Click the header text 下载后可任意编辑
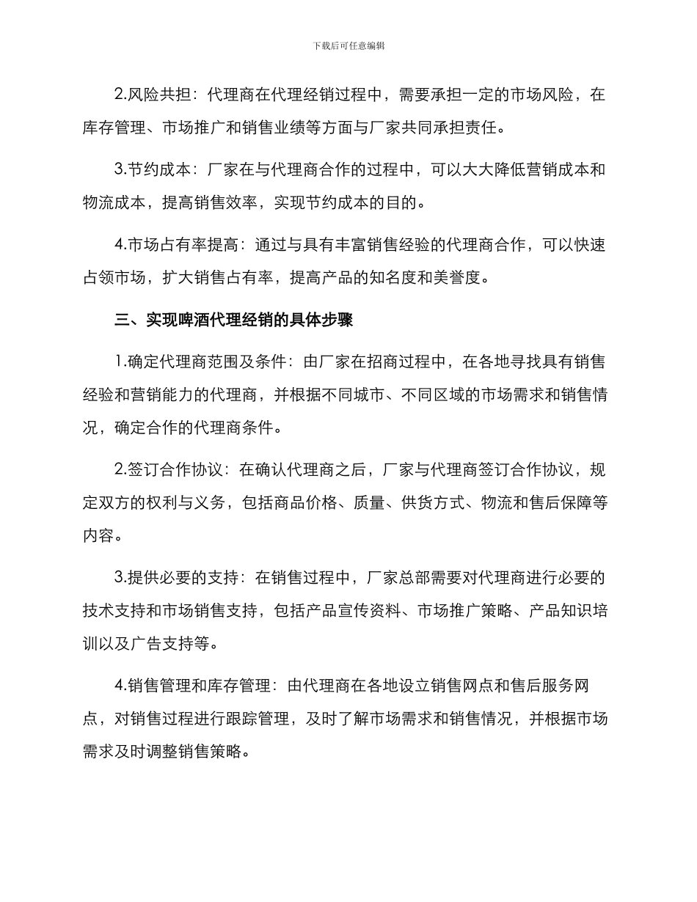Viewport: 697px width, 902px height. (x=348, y=45)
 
